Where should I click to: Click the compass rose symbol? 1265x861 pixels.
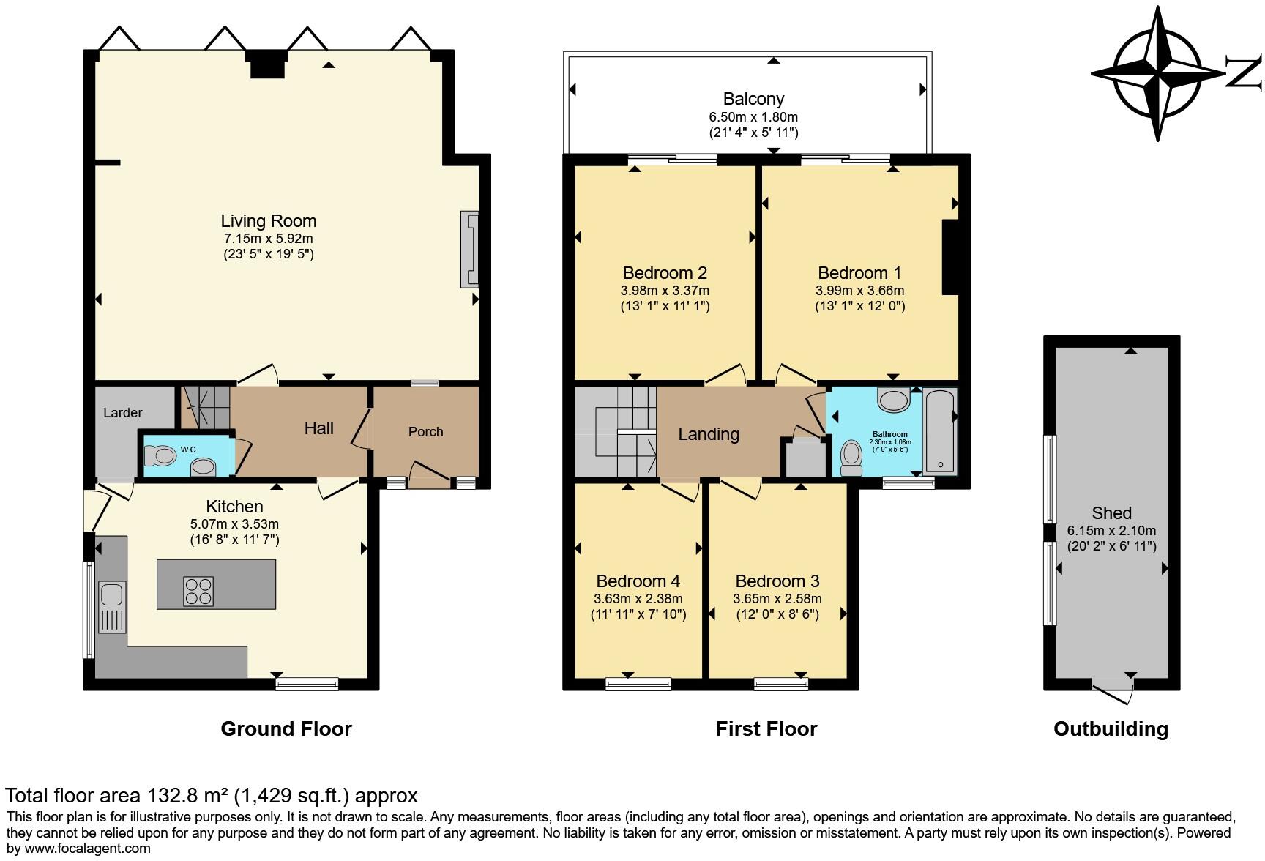pos(1159,74)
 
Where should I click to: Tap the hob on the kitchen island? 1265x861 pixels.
pos(199,592)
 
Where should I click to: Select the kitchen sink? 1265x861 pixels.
pos(113,607)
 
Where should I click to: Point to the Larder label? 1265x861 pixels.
pos(123,413)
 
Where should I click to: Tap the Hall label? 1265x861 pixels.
pos(319,428)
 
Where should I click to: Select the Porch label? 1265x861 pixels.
pos(426,432)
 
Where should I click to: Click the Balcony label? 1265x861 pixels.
pos(753,99)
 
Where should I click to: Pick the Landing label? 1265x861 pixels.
pos(709,434)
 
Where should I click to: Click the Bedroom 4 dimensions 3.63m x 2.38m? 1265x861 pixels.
pos(638,598)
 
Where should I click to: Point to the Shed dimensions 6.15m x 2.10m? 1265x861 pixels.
pos(1111,531)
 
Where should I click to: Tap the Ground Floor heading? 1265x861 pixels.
pos(286,729)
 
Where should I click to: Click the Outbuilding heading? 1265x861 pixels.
pos(1111,729)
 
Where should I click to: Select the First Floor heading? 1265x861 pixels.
pos(766,729)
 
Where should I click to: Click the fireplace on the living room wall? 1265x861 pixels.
pos(469,250)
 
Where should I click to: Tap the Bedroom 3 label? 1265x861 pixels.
pos(777,581)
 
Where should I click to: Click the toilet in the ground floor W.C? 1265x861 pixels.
pos(160,457)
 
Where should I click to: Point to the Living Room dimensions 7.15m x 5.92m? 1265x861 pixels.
pos(269,239)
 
